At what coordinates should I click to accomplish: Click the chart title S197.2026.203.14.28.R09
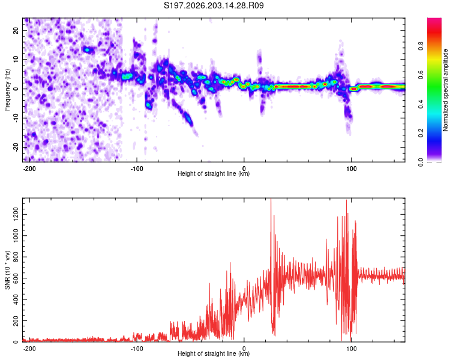click(x=214, y=5)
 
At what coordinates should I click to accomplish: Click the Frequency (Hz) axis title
click(x=7, y=90)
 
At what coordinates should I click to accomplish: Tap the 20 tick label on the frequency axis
click(x=16, y=31)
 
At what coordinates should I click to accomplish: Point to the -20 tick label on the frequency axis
click(x=16, y=148)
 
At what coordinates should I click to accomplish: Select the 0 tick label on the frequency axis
click(x=16, y=89)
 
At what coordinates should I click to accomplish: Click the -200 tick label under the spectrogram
click(x=29, y=169)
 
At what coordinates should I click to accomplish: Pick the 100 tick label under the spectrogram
click(x=351, y=169)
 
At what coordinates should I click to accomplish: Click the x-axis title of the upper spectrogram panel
click(x=214, y=173)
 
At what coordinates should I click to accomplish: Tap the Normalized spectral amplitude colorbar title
click(x=445, y=90)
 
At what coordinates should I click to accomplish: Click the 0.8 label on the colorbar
click(x=421, y=46)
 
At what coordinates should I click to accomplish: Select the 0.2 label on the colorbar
click(x=421, y=133)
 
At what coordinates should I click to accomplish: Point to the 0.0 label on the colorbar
click(x=421, y=162)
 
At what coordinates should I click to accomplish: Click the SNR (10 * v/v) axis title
click(x=7, y=270)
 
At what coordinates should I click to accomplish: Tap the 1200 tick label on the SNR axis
click(x=16, y=214)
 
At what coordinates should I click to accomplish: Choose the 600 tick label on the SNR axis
click(x=16, y=278)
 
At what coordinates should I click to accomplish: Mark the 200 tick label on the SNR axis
click(x=16, y=320)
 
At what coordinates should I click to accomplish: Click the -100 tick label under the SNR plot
click(x=137, y=349)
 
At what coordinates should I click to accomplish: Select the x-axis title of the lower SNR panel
click(x=214, y=353)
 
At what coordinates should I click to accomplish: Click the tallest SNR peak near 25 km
click(x=271, y=199)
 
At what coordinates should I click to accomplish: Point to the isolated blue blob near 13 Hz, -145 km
click(x=88, y=50)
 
